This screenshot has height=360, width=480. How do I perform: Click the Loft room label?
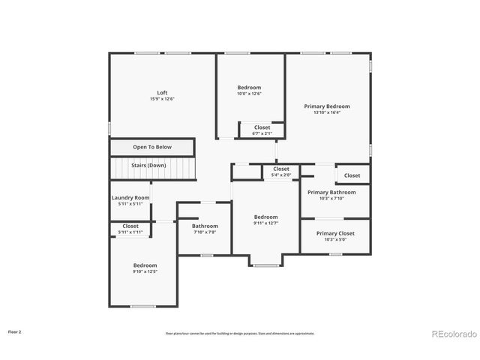coord(162,93)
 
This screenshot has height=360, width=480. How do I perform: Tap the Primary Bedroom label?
coord(326,106)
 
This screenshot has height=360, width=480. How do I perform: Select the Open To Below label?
coord(152,147)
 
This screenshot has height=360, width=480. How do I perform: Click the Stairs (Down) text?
coord(148,165)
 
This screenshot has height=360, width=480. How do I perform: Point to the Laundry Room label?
coord(130,198)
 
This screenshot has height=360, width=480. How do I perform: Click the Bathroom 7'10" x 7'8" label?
coord(205,226)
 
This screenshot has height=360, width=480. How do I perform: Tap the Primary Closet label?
coord(335,233)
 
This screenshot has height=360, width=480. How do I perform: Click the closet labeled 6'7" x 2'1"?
coord(262,127)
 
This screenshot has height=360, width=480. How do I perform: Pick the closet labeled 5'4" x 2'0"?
coord(281,169)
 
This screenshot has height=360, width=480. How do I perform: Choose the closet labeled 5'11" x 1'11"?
coord(130,226)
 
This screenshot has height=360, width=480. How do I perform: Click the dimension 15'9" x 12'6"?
coord(162,99)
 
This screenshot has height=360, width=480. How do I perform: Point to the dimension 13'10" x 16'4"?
coord(326,112)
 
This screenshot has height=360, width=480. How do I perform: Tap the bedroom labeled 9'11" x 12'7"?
coord(265,217)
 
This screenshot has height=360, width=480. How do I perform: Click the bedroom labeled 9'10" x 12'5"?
coord(145,265)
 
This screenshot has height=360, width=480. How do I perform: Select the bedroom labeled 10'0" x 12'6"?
coord(249,88)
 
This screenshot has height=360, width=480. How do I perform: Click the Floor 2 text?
coord(15,331)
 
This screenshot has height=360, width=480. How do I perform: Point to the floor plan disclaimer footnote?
coord(239,334)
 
